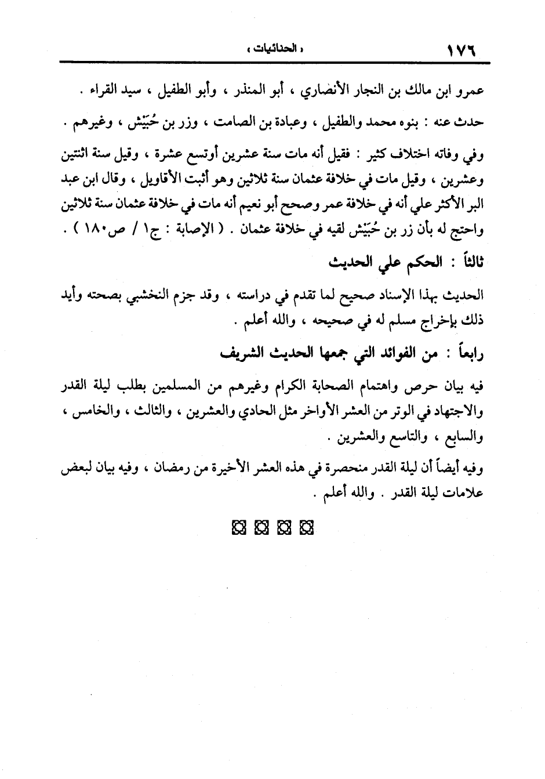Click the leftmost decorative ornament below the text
tap(238, 528)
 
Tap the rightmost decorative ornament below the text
tap(306, 528)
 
